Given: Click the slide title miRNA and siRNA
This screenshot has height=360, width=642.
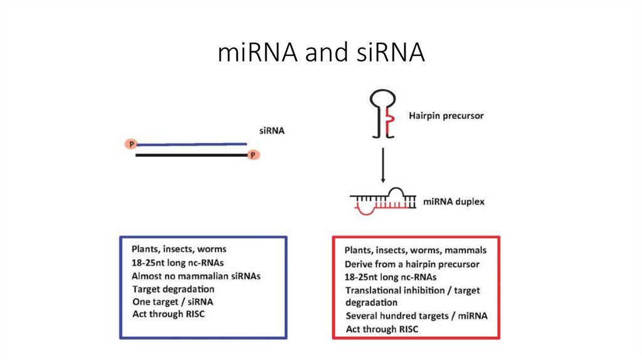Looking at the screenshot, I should tap(321, 53).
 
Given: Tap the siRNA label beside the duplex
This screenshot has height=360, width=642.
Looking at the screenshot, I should tap(272, 131).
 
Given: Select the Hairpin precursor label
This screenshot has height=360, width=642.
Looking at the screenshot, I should tap(446, 115).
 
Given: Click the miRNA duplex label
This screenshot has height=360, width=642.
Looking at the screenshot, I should tap(453, 202).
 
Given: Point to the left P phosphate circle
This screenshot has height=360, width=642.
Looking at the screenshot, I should tap(132, 144).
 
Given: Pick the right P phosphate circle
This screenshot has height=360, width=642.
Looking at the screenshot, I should tap(253, 154).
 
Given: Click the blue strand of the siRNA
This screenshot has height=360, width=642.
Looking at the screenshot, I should tap(191, 144).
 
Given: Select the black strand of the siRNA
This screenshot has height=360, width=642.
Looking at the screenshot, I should tap(191, 154).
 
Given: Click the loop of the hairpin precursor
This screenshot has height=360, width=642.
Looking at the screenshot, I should tap(383, 99).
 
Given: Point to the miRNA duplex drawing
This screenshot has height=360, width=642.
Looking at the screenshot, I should tap(383, 201).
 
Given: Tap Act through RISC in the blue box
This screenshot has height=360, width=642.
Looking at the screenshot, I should tap(168, 314).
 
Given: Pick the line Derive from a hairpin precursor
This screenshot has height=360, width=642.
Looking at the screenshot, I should tap(411, 264).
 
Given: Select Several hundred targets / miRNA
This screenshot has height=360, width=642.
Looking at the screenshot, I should tap(416, 315).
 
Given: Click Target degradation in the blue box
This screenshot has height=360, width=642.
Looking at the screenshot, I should tap(173, 289).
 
